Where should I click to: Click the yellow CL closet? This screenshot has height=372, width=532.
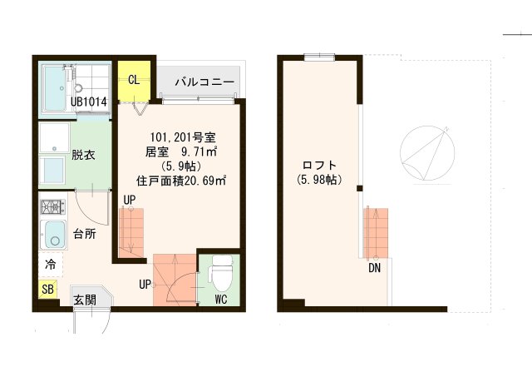pos(133,80)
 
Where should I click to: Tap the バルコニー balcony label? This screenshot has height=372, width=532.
pos(204,83)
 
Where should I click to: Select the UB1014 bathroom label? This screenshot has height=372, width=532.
pos(88,102)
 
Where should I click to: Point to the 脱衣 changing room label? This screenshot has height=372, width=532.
pos(83,155)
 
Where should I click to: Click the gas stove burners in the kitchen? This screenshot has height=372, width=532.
pos(52,207)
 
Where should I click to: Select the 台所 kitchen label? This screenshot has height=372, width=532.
pos(84,234)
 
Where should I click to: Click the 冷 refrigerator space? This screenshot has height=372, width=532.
pos(50,265)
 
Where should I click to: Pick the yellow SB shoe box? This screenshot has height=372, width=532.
pos(47,290)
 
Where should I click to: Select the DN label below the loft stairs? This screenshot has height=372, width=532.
pos(376,268)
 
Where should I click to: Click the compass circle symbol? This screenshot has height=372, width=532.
pos(428,156)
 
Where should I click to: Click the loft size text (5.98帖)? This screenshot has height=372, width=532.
pos(318,179)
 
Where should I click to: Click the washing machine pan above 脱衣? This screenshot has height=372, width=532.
pos(55,138)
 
